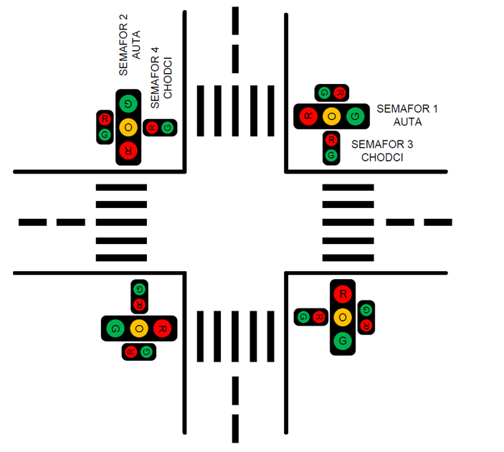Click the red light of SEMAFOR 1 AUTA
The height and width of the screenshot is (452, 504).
click(x=308, y=116)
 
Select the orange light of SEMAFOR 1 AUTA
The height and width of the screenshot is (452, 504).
click(x=331, y=116)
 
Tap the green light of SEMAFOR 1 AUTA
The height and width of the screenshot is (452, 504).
click(x=354, y=116)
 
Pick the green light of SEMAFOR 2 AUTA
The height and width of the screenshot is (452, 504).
click(x=128, y=104)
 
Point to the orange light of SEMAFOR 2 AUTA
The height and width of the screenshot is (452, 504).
click(x=128, y=127)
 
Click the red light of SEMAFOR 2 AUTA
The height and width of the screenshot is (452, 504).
click(x=128, y=150)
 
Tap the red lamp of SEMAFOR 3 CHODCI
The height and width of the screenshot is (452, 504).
click(x=331, y=141)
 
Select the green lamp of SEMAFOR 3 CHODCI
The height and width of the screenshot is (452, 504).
click(x=331, y=155)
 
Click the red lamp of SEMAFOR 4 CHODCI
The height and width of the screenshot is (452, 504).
click(x=152, y=128)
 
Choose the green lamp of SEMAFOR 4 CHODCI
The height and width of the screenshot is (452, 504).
click(x=167, y=128)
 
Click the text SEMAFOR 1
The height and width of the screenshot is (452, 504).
click(x=406, y=108)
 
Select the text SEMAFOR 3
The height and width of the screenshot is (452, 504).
click(x=382, y=144)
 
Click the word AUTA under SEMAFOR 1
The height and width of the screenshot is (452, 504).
click(x=407, y=121)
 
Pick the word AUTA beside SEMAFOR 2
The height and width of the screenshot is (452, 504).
click(x=136, y=44)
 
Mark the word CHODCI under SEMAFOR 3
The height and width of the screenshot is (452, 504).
click(x=381, y=157)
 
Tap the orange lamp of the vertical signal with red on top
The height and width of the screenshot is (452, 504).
click(x=343, y=316)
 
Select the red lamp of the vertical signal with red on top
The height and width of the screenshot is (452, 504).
click(x=343, y=293)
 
